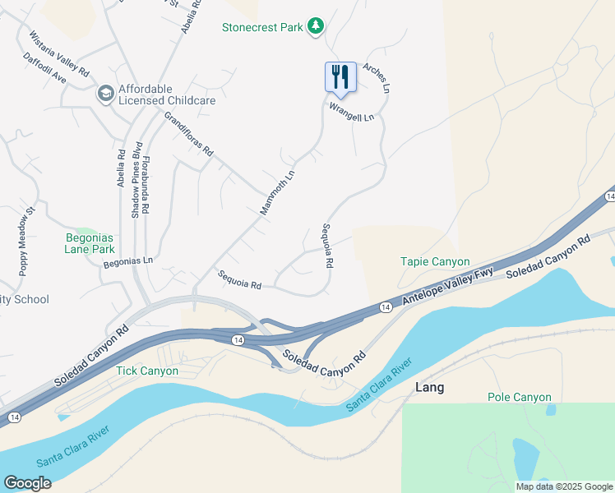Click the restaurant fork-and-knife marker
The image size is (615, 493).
point(340,78)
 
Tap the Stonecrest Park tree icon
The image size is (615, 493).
point(315,27)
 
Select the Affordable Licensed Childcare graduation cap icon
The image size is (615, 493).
point(105,94)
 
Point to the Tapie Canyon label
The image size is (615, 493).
point(435,262)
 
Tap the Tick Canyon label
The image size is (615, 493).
point(147,371)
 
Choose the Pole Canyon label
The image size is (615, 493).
point(519,397)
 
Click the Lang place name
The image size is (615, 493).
point(430,388)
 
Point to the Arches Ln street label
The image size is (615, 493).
point(374,78)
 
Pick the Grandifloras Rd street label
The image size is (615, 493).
point(188,135)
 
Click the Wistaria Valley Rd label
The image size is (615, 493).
point(59,54)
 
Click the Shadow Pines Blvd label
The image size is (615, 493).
point(136,180)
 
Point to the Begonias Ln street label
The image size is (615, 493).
point(128,262)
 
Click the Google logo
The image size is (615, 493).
point(27,483)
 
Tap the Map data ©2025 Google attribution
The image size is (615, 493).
point(563,486)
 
